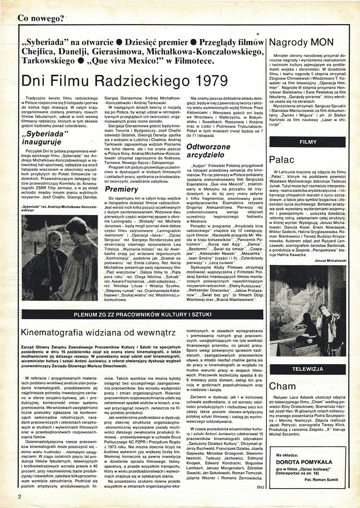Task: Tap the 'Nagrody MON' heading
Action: tap(301, 42)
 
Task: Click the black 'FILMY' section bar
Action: tap(308, 142)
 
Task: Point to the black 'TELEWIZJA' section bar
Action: tap(308, 370)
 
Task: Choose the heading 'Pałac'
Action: tap(283, 159)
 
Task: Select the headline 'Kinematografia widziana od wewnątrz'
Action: tap(98, 332)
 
